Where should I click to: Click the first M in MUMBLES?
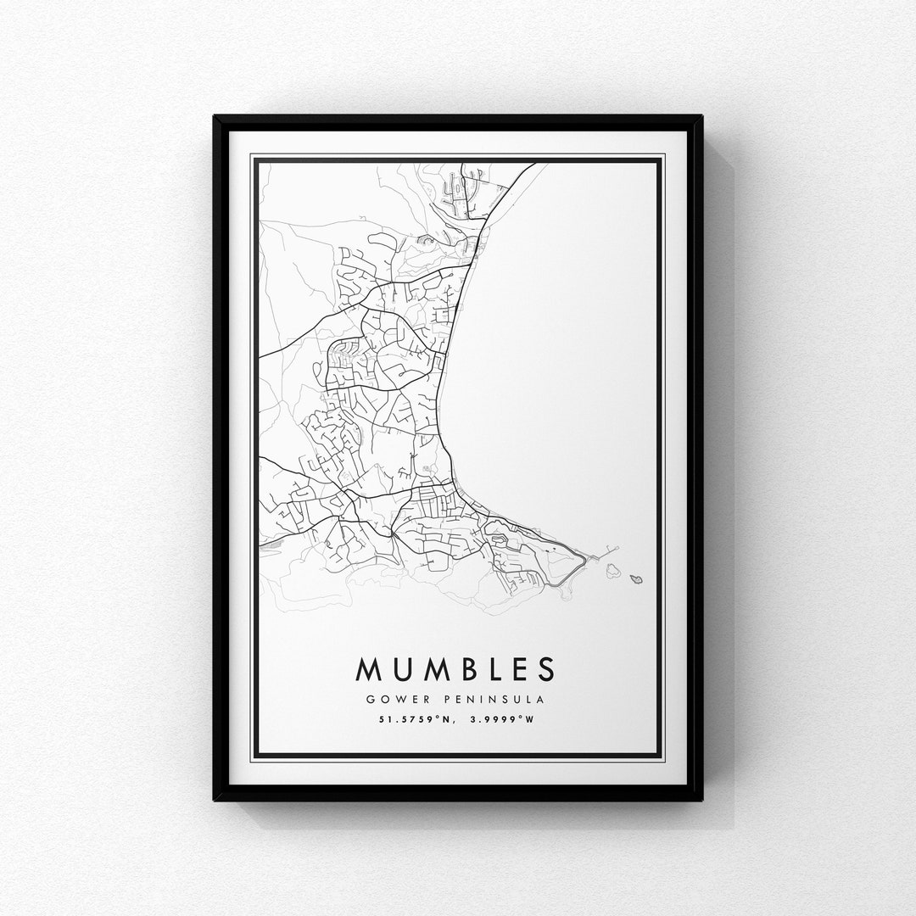click(370, 669)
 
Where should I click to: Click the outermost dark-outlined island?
click(636, 579)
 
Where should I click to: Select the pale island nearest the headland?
click(612, 570)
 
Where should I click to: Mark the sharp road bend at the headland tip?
click(584, 559)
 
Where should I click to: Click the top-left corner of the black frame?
click(215, 117)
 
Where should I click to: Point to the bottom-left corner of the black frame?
click(215, 799)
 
